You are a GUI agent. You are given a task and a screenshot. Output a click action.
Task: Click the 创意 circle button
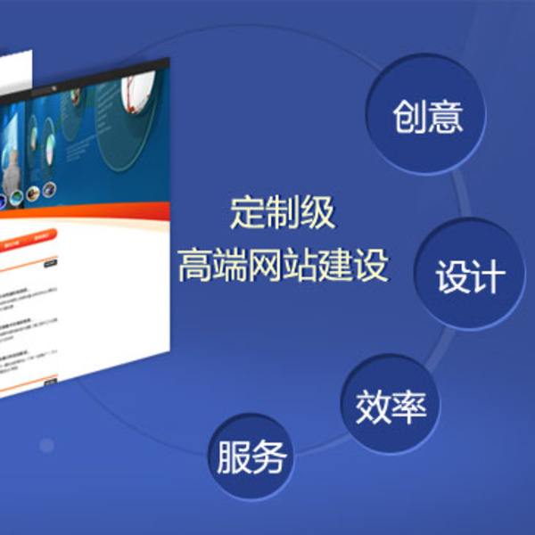coord(427,117)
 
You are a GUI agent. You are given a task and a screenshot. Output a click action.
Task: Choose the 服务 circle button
coord(251,457)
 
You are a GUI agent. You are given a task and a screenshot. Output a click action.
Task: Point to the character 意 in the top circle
coord(446,117)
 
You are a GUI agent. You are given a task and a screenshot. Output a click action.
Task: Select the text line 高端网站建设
coord(283,265)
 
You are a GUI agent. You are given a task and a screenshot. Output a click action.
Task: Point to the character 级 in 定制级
coord(318,214)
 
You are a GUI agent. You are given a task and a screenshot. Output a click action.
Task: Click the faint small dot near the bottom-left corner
coord(46,444)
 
